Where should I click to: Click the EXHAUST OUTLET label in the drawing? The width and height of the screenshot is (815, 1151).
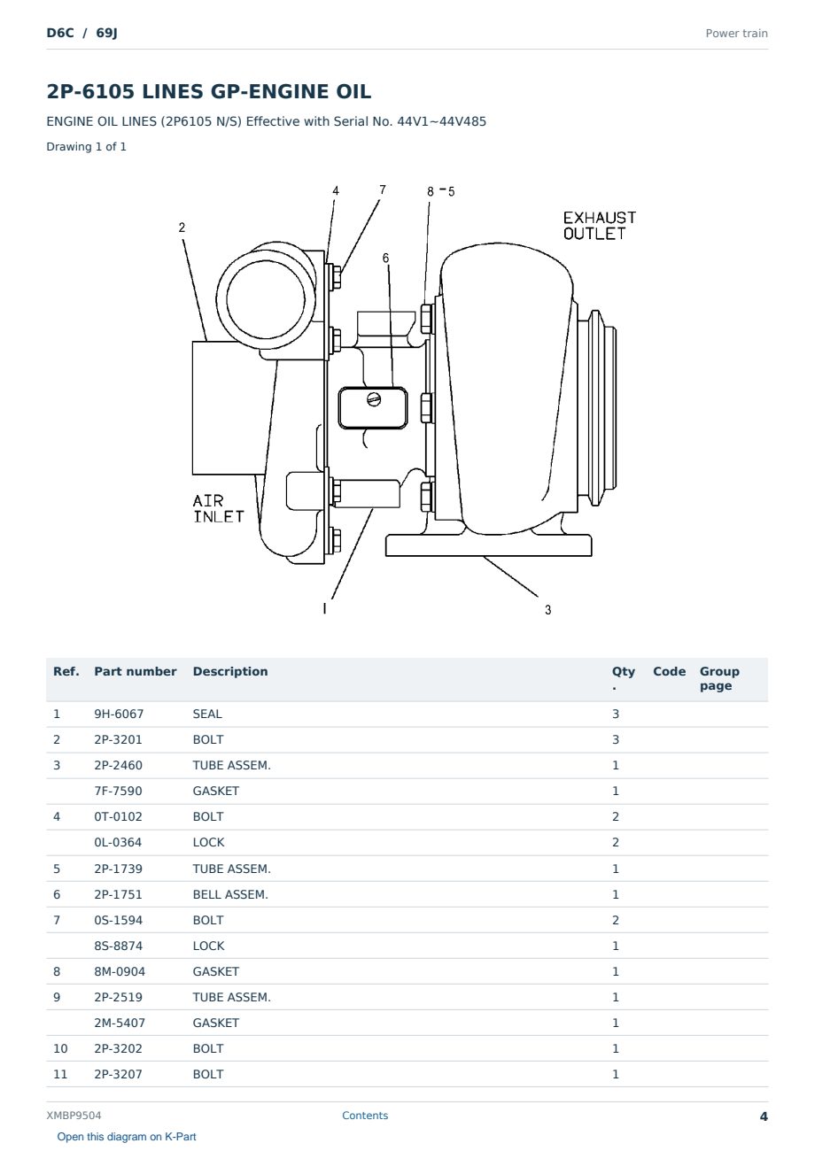point(600,226)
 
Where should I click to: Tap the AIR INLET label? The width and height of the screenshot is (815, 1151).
point(218,509)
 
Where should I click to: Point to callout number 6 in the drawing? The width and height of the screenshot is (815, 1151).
point(385,258)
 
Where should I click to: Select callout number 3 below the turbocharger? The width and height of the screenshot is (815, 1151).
point(548,610)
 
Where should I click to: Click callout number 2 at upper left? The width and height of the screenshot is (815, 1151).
point(182,228)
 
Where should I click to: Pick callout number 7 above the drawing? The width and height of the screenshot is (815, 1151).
point(383,189)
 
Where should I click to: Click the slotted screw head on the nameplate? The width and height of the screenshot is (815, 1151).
point(374,398)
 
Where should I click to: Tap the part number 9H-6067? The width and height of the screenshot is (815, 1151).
point(119,714)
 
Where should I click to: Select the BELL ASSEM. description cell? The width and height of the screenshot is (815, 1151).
point(230,894)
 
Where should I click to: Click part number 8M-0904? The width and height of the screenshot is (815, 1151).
point(120,971)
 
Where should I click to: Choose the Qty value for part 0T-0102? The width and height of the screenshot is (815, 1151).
point(616,816)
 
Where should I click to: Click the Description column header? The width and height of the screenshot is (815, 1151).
point(230,672)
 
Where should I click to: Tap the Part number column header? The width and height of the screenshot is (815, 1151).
point(136,672)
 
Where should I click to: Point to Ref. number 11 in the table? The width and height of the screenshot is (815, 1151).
point(60,1075)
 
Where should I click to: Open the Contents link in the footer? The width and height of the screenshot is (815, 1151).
point(365,1116)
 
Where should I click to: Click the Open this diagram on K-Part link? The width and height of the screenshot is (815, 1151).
point(127,1137)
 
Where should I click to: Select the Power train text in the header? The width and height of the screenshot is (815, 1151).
point(736,34)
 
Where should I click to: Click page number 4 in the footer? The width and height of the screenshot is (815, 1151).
point(764,1116)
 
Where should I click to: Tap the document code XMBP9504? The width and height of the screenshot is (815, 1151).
point(74,1116)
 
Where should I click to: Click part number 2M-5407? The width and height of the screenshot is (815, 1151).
point(120,1023)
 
